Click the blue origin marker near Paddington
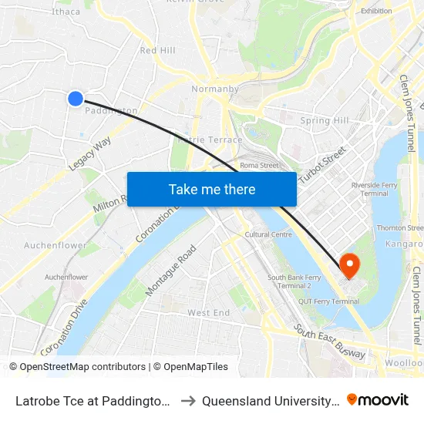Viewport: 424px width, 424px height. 76,98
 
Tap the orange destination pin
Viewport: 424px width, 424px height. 349,266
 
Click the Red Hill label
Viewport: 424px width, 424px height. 157,50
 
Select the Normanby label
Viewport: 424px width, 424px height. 216,89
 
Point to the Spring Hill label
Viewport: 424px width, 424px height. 325,120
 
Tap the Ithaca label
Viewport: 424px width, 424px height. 65,12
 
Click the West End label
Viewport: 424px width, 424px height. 208,313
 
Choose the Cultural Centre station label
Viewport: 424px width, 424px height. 268,234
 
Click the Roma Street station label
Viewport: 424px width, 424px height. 258,165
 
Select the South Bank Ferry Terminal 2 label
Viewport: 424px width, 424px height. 294,281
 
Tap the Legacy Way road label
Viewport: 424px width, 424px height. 90,154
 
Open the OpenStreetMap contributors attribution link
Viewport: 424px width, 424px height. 82,367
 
